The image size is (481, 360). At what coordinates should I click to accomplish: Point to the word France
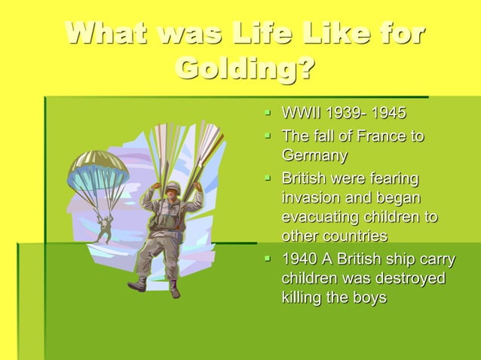pos(369,136)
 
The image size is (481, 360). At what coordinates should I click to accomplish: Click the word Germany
pos(314,157)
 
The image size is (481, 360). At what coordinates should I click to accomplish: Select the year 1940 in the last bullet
pos(299,260)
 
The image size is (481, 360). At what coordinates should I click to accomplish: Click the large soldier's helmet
pos(173,186)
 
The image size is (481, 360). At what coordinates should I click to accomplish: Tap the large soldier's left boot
pos(138,285)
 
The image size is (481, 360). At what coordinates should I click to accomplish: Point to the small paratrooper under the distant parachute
pos(103,227)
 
